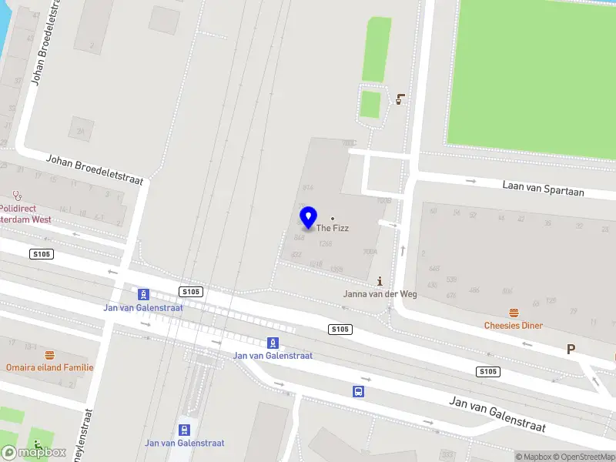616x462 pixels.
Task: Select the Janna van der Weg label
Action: coord(380,294)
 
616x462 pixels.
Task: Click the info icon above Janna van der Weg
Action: coord(380,283)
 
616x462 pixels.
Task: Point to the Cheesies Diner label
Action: coord(514,326)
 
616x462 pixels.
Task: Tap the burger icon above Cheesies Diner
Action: coord(514,313)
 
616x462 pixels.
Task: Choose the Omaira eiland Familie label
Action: coord(49,367)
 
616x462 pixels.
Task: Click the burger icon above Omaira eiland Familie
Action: coord(50,355)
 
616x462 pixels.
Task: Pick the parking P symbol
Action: coord(571,349)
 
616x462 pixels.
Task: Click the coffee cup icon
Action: coord(400,99)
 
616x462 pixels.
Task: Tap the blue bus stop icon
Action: coord(359,391)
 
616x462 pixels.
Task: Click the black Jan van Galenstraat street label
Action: coord(497,414)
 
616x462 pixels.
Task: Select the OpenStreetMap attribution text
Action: coord(582,457)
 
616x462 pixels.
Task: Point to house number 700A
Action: coord(370,252)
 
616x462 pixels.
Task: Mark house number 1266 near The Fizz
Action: coord(325,244)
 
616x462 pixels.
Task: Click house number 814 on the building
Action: coord(308,188)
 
